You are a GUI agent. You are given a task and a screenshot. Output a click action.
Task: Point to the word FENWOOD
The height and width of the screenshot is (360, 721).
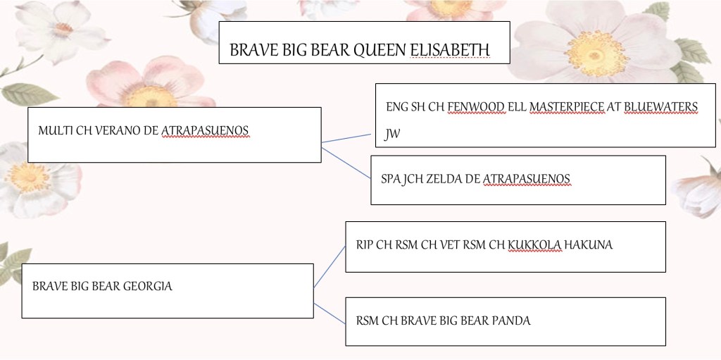(476, 107)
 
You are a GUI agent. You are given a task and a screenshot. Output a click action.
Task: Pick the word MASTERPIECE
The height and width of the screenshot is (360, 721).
(567, 107)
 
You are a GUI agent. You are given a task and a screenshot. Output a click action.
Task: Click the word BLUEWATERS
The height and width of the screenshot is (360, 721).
(660, 107)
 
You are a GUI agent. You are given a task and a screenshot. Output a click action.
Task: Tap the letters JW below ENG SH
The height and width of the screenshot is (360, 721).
(392, 135)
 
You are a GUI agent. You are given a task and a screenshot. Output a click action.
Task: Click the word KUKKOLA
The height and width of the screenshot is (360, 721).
(534, 245)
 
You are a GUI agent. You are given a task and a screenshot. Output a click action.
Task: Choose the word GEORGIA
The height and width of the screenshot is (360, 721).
(148, 286)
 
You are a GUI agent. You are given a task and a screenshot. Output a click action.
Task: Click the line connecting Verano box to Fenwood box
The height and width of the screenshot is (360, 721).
(346, 139)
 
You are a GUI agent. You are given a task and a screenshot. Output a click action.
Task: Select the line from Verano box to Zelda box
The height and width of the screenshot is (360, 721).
(346, 163)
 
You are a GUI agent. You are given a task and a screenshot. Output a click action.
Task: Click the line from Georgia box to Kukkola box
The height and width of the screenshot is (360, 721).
(330, 267)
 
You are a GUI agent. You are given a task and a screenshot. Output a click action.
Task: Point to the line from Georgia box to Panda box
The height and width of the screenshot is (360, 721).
(330, 314)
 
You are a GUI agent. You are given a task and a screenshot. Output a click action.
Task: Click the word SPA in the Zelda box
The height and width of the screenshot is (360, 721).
(389, 179)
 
